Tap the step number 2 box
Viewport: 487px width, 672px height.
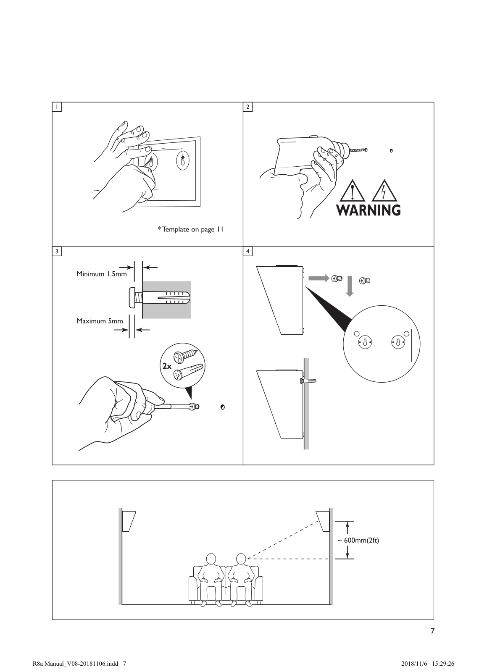(x=248, y=107)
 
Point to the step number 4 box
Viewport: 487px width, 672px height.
(x=248, y=251)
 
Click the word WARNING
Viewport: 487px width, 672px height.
(x=369, y=210)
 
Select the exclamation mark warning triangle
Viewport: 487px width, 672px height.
(x=352, y=191)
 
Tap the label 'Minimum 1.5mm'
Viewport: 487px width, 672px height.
(x=101, y=274)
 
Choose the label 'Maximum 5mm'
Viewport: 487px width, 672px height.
(x=100, y=321)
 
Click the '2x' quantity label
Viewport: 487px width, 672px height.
(x=167, y=366)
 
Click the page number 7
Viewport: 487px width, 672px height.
(x=432, y=631)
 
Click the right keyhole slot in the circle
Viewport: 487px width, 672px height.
(x=397, y=342)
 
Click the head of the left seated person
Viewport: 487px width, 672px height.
(x=211, y=559)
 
